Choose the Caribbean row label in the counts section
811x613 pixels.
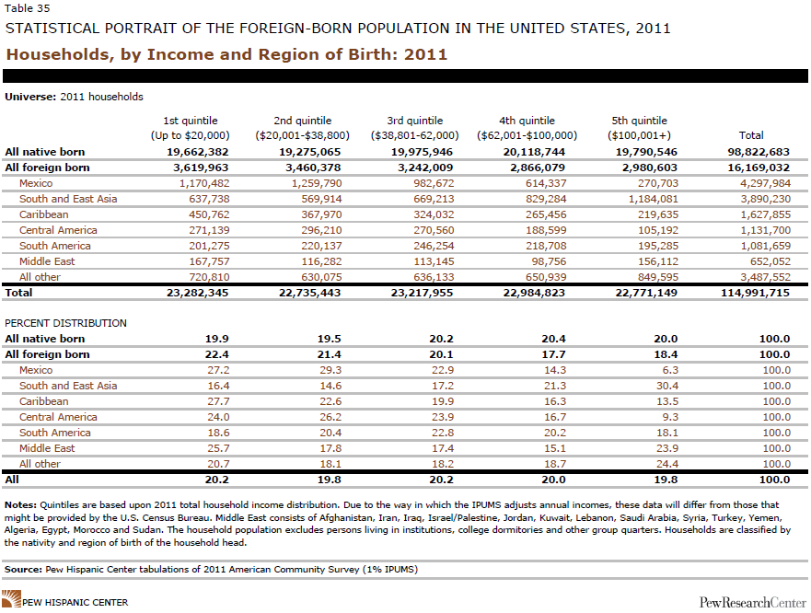pyautogui.click(x=45, y=214)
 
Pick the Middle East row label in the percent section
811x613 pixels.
pyautogui.click(x=47, y=448)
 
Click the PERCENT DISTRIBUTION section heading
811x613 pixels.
pyautogui.click(x=66, y=323)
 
